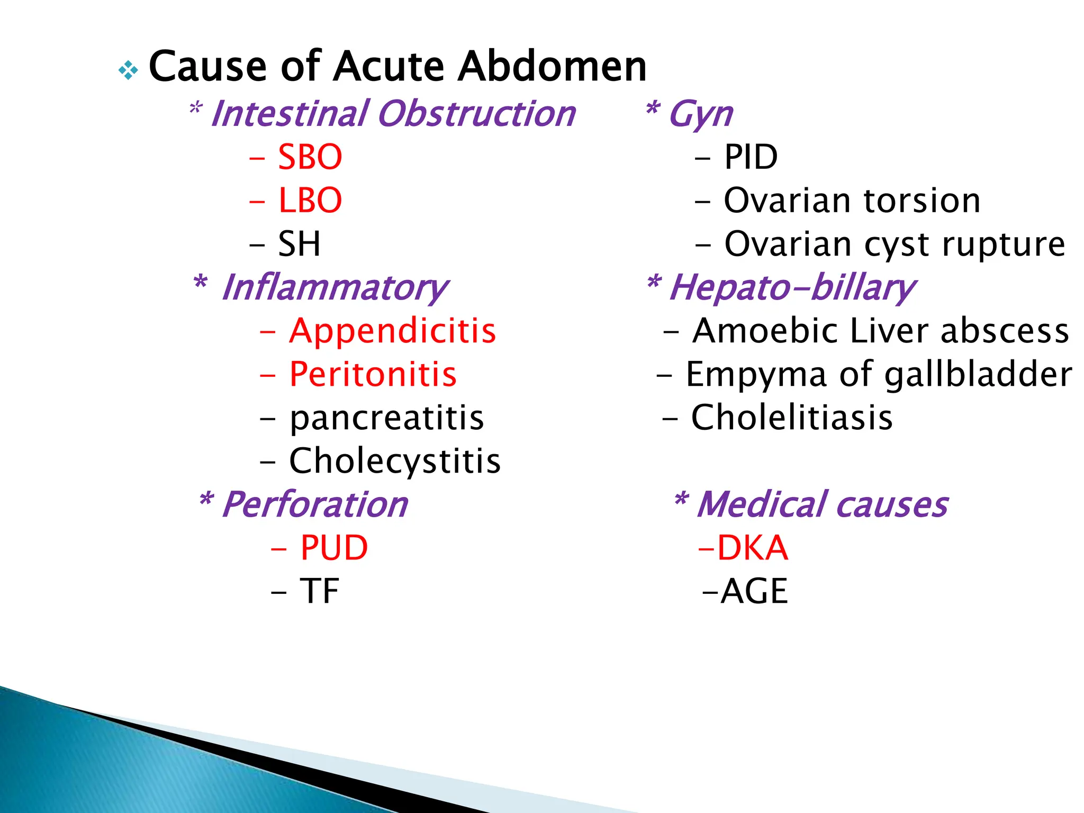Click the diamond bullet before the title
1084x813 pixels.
coord(128,70)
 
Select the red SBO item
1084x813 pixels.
coord(310,157)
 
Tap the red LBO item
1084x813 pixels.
coord(310,201)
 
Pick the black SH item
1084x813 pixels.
coord(299,244)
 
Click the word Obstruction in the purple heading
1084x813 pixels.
coord(476,114)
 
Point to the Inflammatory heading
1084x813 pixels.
coord(335,287)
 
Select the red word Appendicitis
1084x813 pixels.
coord(392,331)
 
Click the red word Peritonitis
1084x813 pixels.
coord(373,374)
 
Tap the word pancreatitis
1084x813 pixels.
coord(386,418)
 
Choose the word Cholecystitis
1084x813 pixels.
coord(394,461)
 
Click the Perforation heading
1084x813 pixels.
coord(315,504)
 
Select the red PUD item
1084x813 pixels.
coord(333,548)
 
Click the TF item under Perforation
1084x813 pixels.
coord(319,591)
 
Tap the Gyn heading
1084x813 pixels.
coord(700,114)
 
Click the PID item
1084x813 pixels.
coord(751,157)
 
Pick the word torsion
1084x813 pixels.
coord(922,201)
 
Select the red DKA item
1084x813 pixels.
coord(752,548)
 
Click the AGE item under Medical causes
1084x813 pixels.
coord(754,591)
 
